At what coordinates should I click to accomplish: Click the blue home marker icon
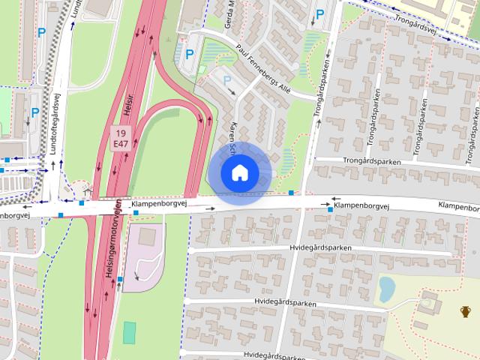(x=239, y=173)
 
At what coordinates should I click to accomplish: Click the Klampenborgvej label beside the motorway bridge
(x=158, y=204)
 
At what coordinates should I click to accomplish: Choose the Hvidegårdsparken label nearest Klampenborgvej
(x=319, y=247)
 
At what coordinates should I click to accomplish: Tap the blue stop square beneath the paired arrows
(x=331, y=210)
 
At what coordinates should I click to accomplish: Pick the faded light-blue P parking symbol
(x=226, y=79)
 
